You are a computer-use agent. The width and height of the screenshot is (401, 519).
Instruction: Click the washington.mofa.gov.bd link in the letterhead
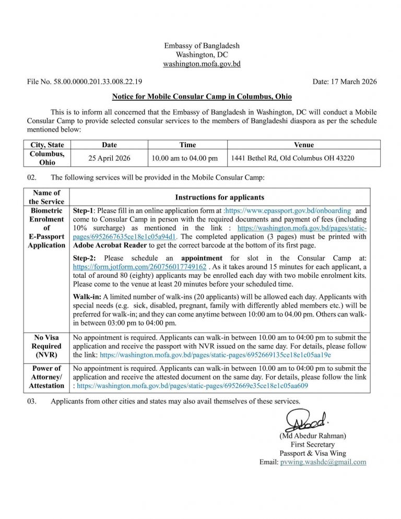point(202,64)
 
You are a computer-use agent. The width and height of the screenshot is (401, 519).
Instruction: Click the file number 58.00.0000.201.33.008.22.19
point(84,82)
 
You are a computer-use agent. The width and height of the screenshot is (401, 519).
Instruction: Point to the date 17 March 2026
point(345,82)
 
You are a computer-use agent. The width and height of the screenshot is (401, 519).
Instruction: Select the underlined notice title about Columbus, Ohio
point(202,97)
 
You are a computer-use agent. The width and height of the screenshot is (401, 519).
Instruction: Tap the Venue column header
point(303,145)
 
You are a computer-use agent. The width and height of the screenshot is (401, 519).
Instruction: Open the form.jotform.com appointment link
point(136,267)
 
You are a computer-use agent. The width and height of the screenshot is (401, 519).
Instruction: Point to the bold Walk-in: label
point(87,296)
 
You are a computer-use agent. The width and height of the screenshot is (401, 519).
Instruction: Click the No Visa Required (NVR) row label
point(46,346)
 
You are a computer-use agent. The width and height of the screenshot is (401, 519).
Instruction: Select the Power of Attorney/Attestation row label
point(46,377)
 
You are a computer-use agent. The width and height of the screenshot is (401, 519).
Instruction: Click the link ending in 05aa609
point(192,386)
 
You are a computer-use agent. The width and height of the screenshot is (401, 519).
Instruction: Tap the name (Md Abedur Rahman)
point(313,435)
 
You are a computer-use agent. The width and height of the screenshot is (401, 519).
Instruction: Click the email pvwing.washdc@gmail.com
point(323,462)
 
